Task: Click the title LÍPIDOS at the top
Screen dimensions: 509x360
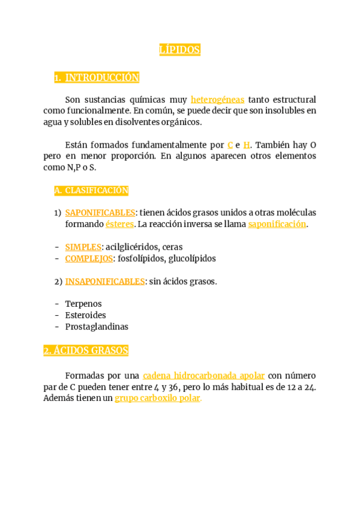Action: (179, 50)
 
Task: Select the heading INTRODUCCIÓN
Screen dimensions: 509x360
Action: (102, 77)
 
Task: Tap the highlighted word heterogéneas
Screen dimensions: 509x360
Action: (217, 100)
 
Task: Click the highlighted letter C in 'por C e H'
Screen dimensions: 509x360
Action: (230, 145)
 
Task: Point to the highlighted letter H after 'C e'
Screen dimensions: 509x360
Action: (247, 145)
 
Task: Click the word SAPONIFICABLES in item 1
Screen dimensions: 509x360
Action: (100, 212)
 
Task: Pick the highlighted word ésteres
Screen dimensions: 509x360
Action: (119, 224)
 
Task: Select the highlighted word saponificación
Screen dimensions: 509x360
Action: (277, 224)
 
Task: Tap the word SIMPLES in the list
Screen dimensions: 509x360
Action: (83, 247)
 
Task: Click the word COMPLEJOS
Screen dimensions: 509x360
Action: (89, 258)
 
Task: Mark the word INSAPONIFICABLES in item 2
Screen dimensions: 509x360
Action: (105, 281)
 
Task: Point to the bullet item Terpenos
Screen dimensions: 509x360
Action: (83, 304)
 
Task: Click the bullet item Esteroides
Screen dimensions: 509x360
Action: (85, 315)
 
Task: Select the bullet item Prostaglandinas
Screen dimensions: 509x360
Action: (97, 327)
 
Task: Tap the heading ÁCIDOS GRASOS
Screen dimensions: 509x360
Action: (86, 351)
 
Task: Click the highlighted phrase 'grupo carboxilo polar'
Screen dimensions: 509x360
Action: (158, 398)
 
